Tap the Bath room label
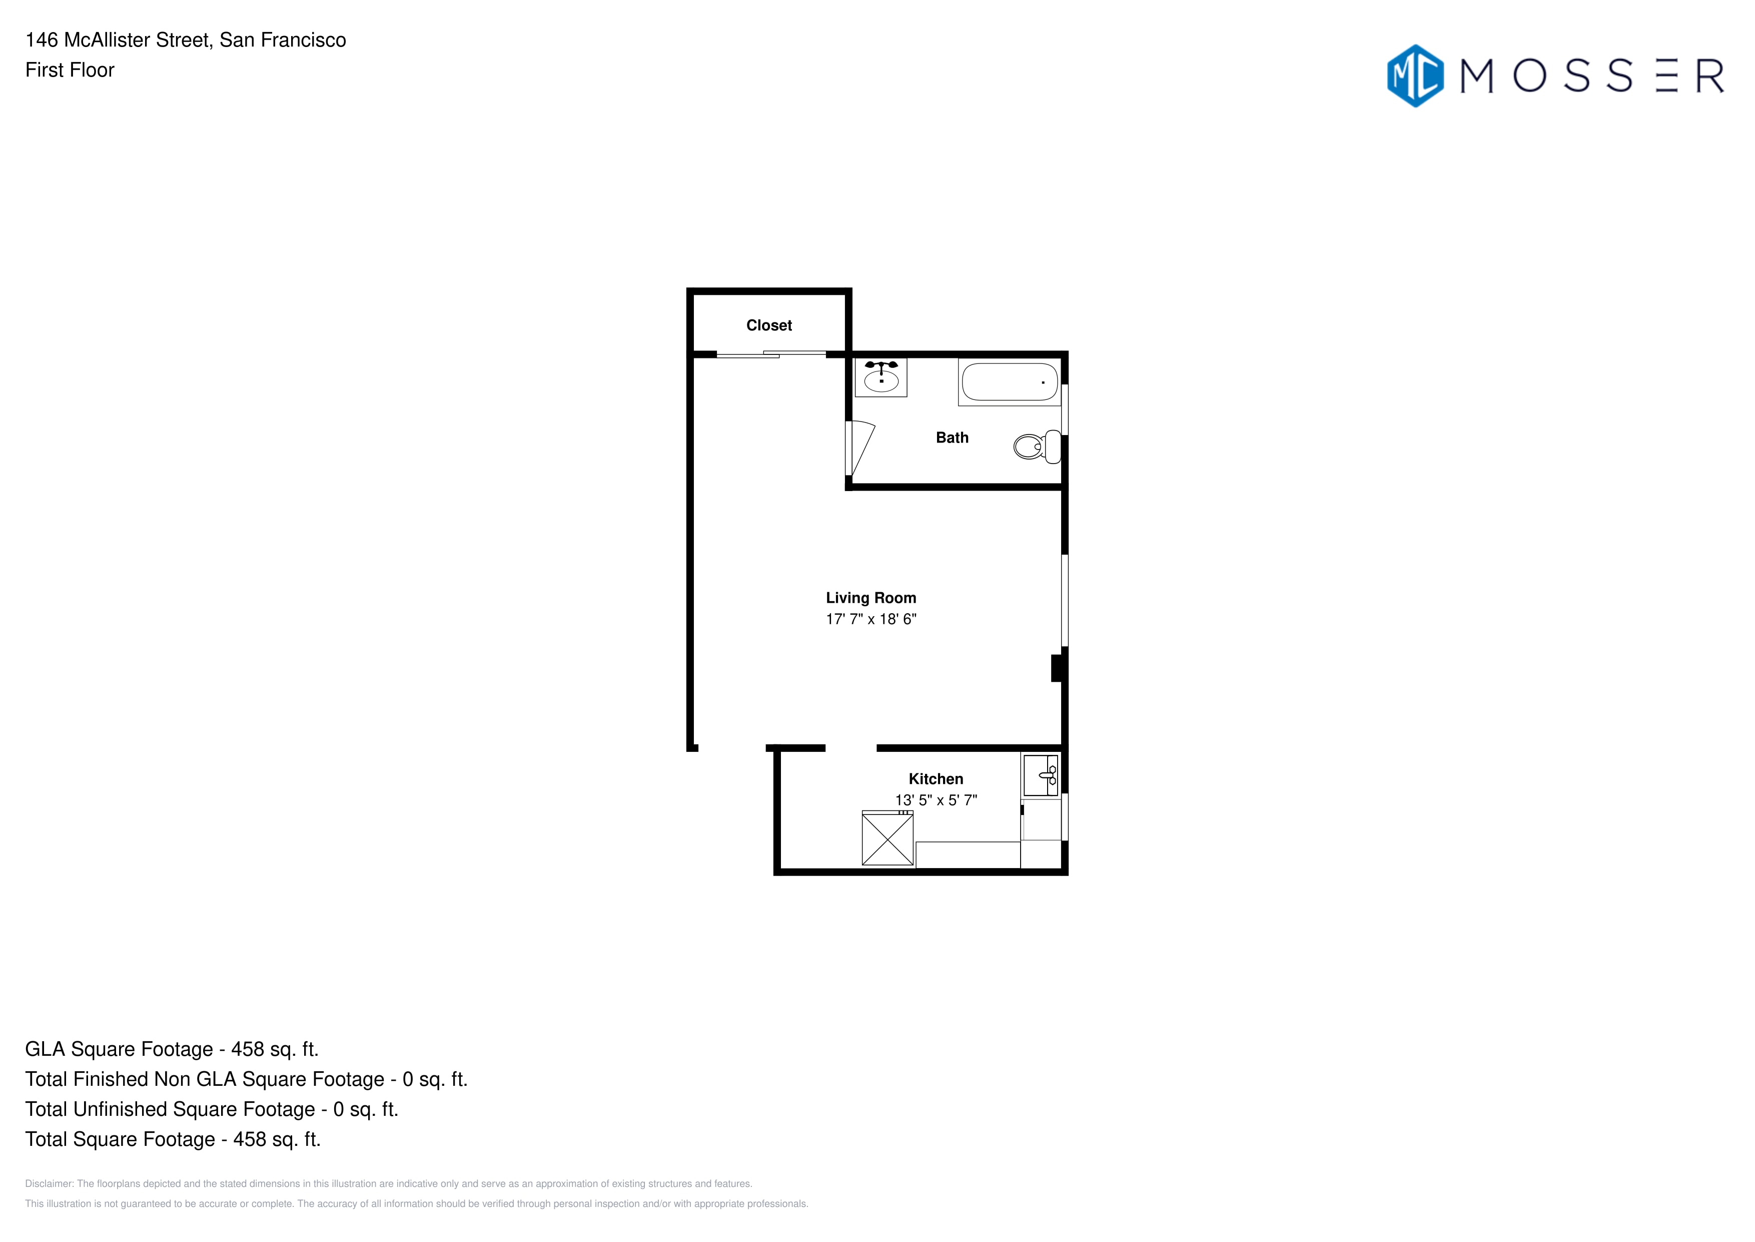(x=953, y=438)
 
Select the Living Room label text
(x=870, y=598)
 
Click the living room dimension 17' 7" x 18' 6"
(x=870, y=619)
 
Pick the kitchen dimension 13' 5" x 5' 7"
(x=936, y=800)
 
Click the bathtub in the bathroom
(x=1009, y=381)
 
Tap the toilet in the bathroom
(x=1037, y=446)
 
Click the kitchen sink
(x=1040, y=775)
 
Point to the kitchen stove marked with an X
(x=888, y=838)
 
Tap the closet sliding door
(x=771, y=354)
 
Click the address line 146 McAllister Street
(x=186, y=40)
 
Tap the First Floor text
(x=70, y=70)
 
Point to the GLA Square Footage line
(x=172, y=1049)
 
